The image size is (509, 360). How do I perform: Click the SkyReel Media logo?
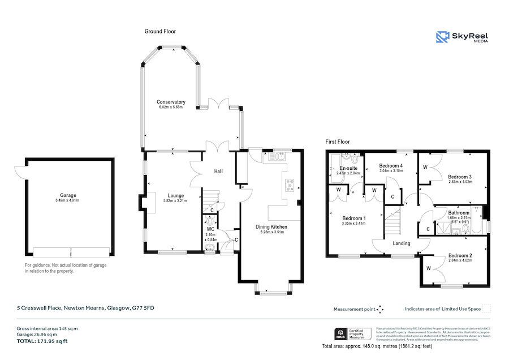pyautogui.click(x=462, y=37)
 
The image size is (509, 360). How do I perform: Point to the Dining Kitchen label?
pyautogui.click(x=270, y=227)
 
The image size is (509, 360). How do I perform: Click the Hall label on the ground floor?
pyautogui.click(x=218, y=171)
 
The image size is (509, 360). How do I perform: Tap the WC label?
pyautogui.click(x=210, y=229)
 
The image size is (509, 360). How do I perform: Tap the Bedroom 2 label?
pyautogui.click(x=460, y=255)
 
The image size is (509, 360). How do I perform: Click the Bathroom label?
pyautogui.click(x=459, y=213)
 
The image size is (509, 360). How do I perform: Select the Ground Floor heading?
pyautogui.click(x=161, y=32)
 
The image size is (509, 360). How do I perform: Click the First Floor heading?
pyautogui.click(x=338, y=142)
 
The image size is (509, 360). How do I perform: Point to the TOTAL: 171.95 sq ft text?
pyautogui.click(x=42, y=341)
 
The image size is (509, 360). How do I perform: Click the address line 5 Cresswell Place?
pyautogui.click(x=85, y=308)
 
